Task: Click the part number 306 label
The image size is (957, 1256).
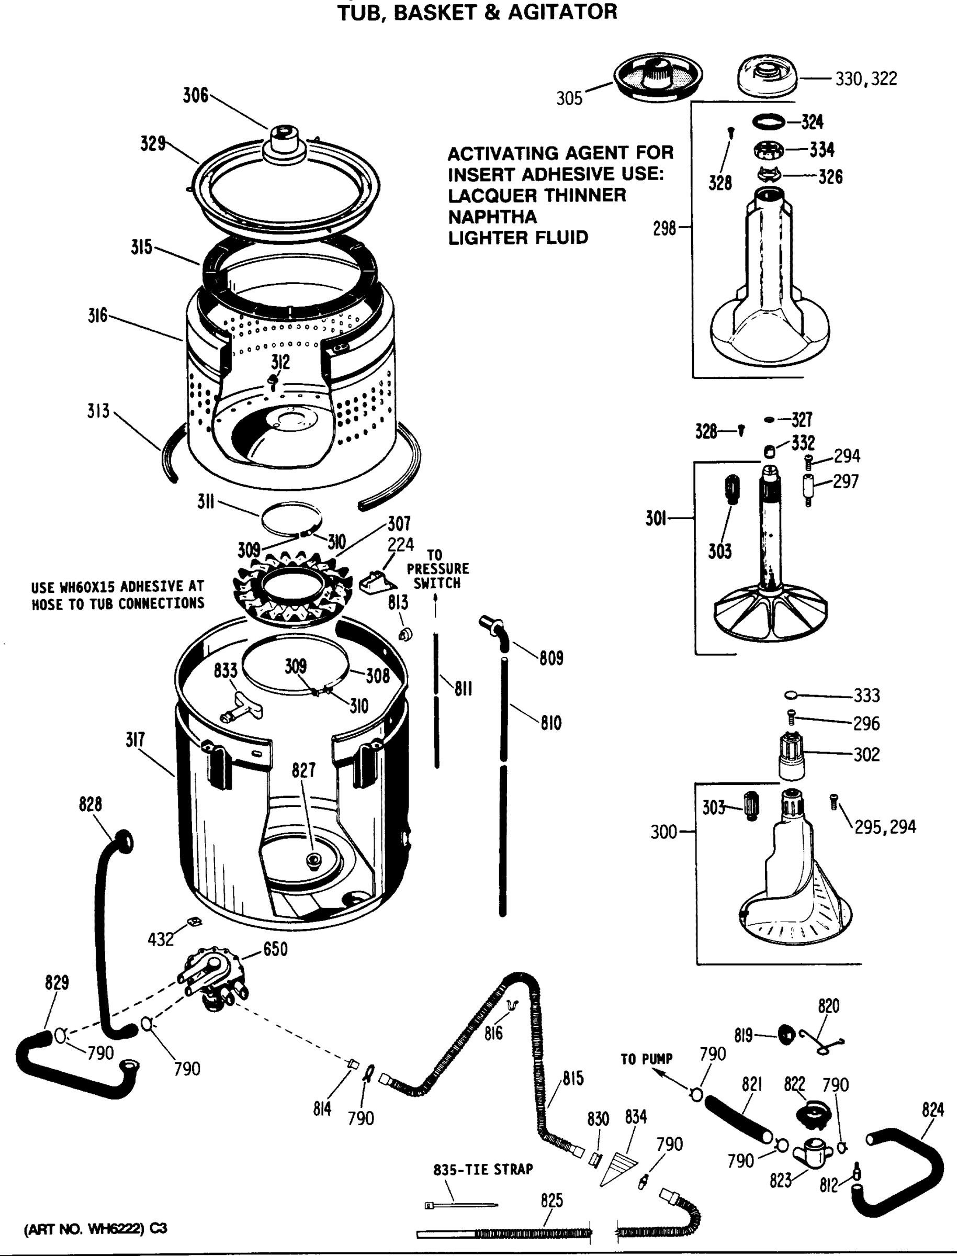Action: [195, 95]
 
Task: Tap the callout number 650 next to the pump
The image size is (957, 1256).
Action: [275, 949]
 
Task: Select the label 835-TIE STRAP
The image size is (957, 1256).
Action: [483, 1170]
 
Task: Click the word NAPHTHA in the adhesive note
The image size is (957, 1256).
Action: [492, 217]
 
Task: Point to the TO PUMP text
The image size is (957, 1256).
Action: [647, 1059]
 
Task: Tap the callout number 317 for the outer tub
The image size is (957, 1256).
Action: [136, 739]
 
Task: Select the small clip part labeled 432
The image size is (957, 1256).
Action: [194, 921]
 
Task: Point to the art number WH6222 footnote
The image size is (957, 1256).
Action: [95, 1229]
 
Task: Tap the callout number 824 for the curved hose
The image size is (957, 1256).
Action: [933, 1109]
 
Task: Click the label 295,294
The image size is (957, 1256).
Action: [885, 827]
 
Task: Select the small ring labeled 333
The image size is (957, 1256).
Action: [790, 694]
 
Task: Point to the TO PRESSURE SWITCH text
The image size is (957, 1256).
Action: [437, 568]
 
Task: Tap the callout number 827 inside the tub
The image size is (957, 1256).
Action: [303, 770]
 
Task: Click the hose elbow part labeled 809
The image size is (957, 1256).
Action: [494, 631]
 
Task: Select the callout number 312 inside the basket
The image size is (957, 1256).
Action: [280, 362]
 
